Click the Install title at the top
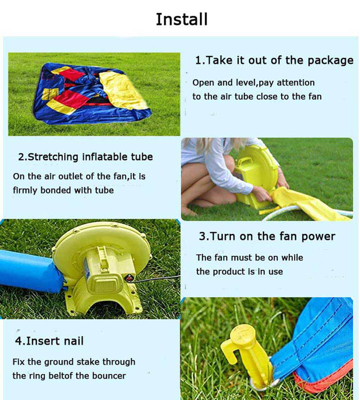(x=182, y=19)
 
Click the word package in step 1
(x=330, y=61)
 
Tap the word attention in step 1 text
(x=296, y=83)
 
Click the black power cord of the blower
(x=156, y=279)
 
